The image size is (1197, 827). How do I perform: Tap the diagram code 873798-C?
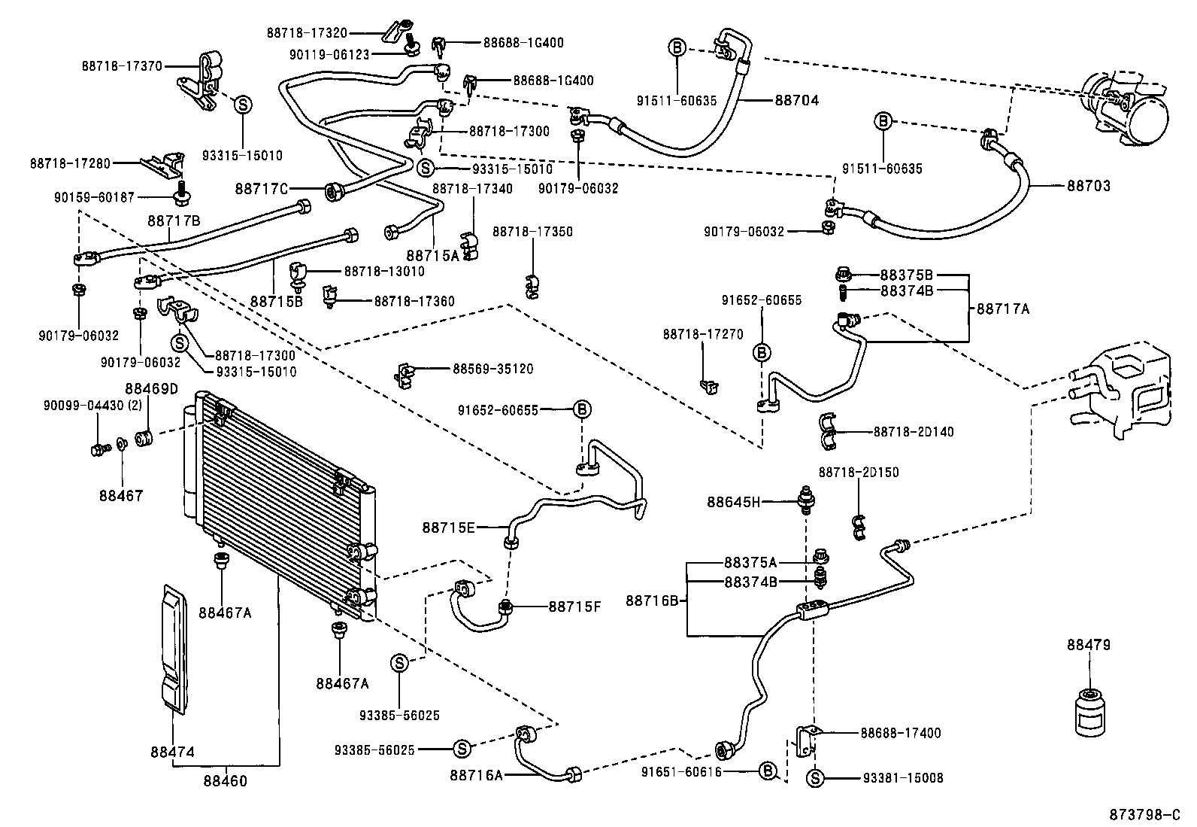[x=1145, y=815]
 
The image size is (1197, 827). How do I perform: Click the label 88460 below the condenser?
[x=224, y=780]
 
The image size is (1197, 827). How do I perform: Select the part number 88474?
[x=172, y=752]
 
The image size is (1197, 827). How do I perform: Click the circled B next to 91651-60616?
[x=767, y=771]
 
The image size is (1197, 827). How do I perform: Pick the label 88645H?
[x=734, y=502]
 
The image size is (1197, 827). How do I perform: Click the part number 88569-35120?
[x=492, y=369]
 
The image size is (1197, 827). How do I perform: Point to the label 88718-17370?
[x=122, y=66]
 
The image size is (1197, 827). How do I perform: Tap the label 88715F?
[x=574, y=606]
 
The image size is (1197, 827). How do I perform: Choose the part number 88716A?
[x=476, y=774]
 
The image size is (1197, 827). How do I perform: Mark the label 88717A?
[x=1003, y=308]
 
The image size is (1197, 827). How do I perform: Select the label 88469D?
[x=151, y=389]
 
